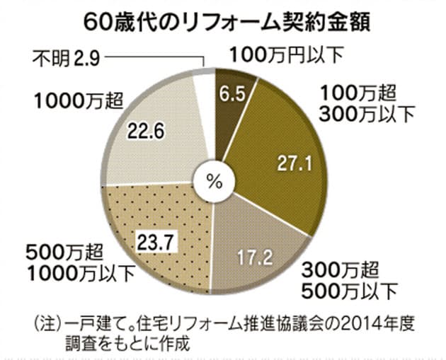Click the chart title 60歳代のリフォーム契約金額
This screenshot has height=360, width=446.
click(x=226, y=21)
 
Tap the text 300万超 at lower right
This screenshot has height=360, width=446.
click(x=338, y=269)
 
